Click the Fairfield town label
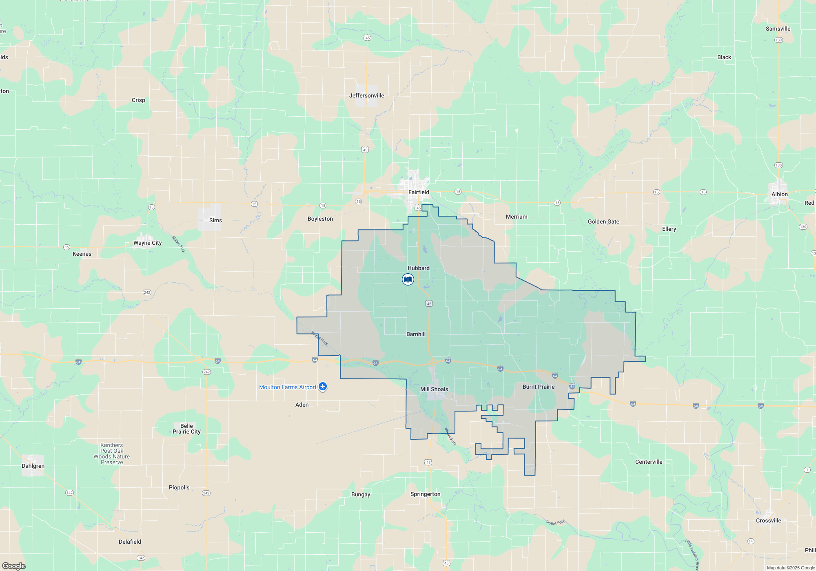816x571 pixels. click(419, 192)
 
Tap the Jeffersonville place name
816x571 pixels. click(366, 95)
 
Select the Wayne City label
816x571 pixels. click(147, 243)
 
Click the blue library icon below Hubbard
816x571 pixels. click(408, 279)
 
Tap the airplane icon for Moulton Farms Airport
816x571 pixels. click(323, 386)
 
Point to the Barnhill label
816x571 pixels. click(416, 334)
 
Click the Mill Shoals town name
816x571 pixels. click(434, 389)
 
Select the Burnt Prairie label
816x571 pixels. click(539, 387)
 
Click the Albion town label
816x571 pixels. click(779, 194)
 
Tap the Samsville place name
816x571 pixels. click(778, 29)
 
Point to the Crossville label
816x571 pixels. click(768, 520)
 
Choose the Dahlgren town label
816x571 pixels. click(33, 466)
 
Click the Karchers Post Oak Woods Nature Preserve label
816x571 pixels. click(112, 454)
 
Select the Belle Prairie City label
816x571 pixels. click(186, 429)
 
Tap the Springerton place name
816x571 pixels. click(425, 494)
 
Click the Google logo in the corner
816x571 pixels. click(14, 566)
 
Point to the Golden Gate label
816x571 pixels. click(603, 221)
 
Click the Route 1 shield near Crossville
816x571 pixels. click(807, 470)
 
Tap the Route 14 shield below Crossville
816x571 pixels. click(751, 541)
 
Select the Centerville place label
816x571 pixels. click(649, 462)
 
